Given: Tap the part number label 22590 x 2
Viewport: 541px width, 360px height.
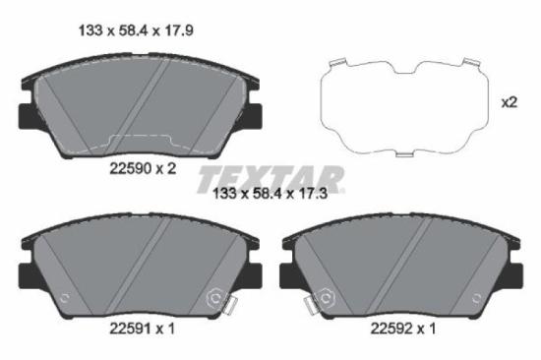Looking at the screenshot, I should (x=141, y=168).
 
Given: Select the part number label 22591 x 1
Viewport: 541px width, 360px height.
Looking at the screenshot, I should (x=140, y=328).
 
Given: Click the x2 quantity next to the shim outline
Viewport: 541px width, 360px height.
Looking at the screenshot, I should (x=510, y=101).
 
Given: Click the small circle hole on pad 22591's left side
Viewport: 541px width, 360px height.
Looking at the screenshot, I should (x=65, y=299).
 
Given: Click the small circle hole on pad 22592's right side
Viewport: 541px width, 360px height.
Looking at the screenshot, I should (x=477, y=299).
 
